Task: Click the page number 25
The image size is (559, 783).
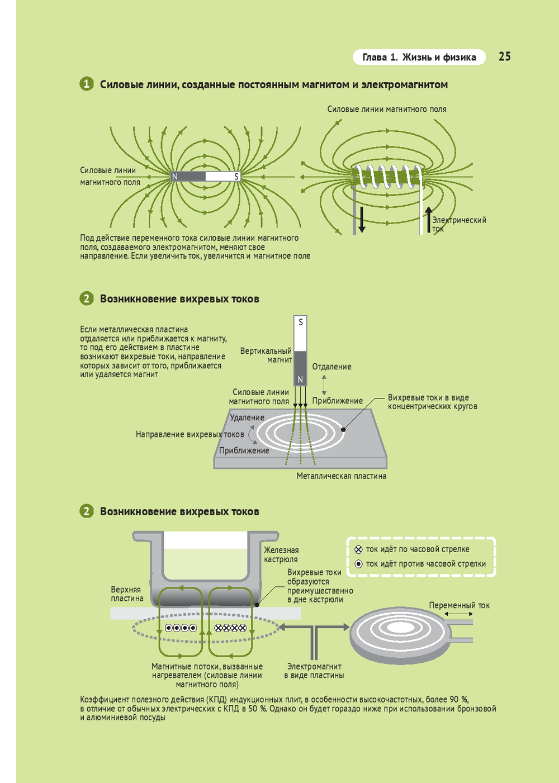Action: tap(504, 56)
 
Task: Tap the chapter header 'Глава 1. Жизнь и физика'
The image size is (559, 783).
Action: tap(419, 57)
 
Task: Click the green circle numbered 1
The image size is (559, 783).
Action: tap(86, 84)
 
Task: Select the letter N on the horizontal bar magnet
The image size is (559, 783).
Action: tap(175, 177)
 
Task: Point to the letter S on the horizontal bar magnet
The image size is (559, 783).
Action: tap(236, 177)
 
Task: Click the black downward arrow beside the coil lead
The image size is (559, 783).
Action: tap(362, 219)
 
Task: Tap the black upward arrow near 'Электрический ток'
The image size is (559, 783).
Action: tap(428, 219)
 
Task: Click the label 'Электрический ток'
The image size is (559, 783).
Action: tap(458, 224)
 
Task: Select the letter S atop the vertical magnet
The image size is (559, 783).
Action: tap(301, 322)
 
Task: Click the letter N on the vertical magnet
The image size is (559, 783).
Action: tap(300, 379)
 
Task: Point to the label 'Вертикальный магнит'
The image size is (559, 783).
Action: tap(267, 355)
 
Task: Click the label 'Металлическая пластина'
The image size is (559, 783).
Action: tap(341, 476)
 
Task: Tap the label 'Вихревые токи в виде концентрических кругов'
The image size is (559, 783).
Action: tap(432, 402)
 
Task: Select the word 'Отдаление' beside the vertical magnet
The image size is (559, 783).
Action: tap(331, 367)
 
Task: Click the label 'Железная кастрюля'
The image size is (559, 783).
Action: tap(281, 555)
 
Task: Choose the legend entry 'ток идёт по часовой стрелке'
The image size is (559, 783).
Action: tap(417, 549)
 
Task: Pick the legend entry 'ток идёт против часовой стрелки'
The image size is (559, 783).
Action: tap(425, 564)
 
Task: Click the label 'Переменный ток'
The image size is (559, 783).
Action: tap(459, 605)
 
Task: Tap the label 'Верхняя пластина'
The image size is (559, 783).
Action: tap(127, 594)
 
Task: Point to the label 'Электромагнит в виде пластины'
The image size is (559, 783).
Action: tap(314, 671)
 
